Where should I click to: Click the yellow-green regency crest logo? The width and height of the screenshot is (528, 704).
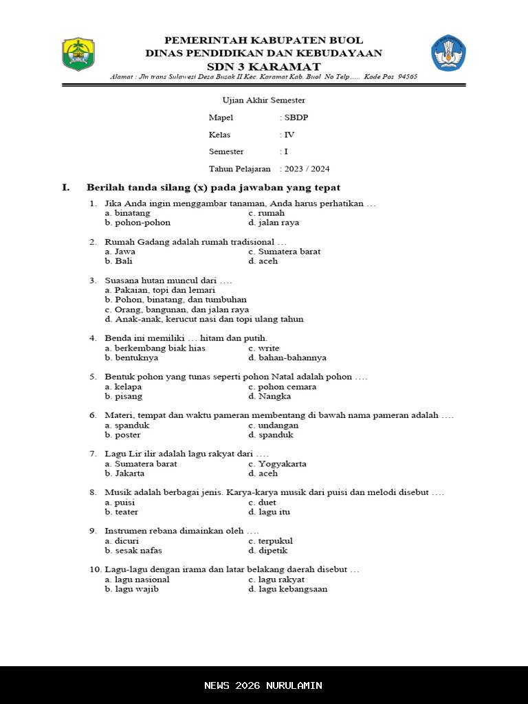78,54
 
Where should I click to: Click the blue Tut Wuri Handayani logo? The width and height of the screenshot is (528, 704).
448,53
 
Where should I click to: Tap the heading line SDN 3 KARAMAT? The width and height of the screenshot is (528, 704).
263,67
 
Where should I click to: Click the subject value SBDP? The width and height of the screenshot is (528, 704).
296,118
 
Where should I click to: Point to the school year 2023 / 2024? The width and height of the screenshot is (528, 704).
307,168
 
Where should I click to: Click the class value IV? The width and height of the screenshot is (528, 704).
289,135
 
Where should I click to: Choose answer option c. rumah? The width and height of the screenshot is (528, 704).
266,213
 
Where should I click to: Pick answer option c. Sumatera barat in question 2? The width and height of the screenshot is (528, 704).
284,252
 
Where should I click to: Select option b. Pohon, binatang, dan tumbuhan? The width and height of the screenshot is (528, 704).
175,300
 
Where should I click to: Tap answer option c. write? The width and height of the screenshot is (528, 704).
264,348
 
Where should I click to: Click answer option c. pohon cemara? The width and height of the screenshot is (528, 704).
282,386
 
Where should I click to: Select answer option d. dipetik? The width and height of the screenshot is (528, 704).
268,550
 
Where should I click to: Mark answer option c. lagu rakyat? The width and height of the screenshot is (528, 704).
276,579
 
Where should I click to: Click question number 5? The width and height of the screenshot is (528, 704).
93,377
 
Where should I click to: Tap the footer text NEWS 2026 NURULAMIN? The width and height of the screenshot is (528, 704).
263,685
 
